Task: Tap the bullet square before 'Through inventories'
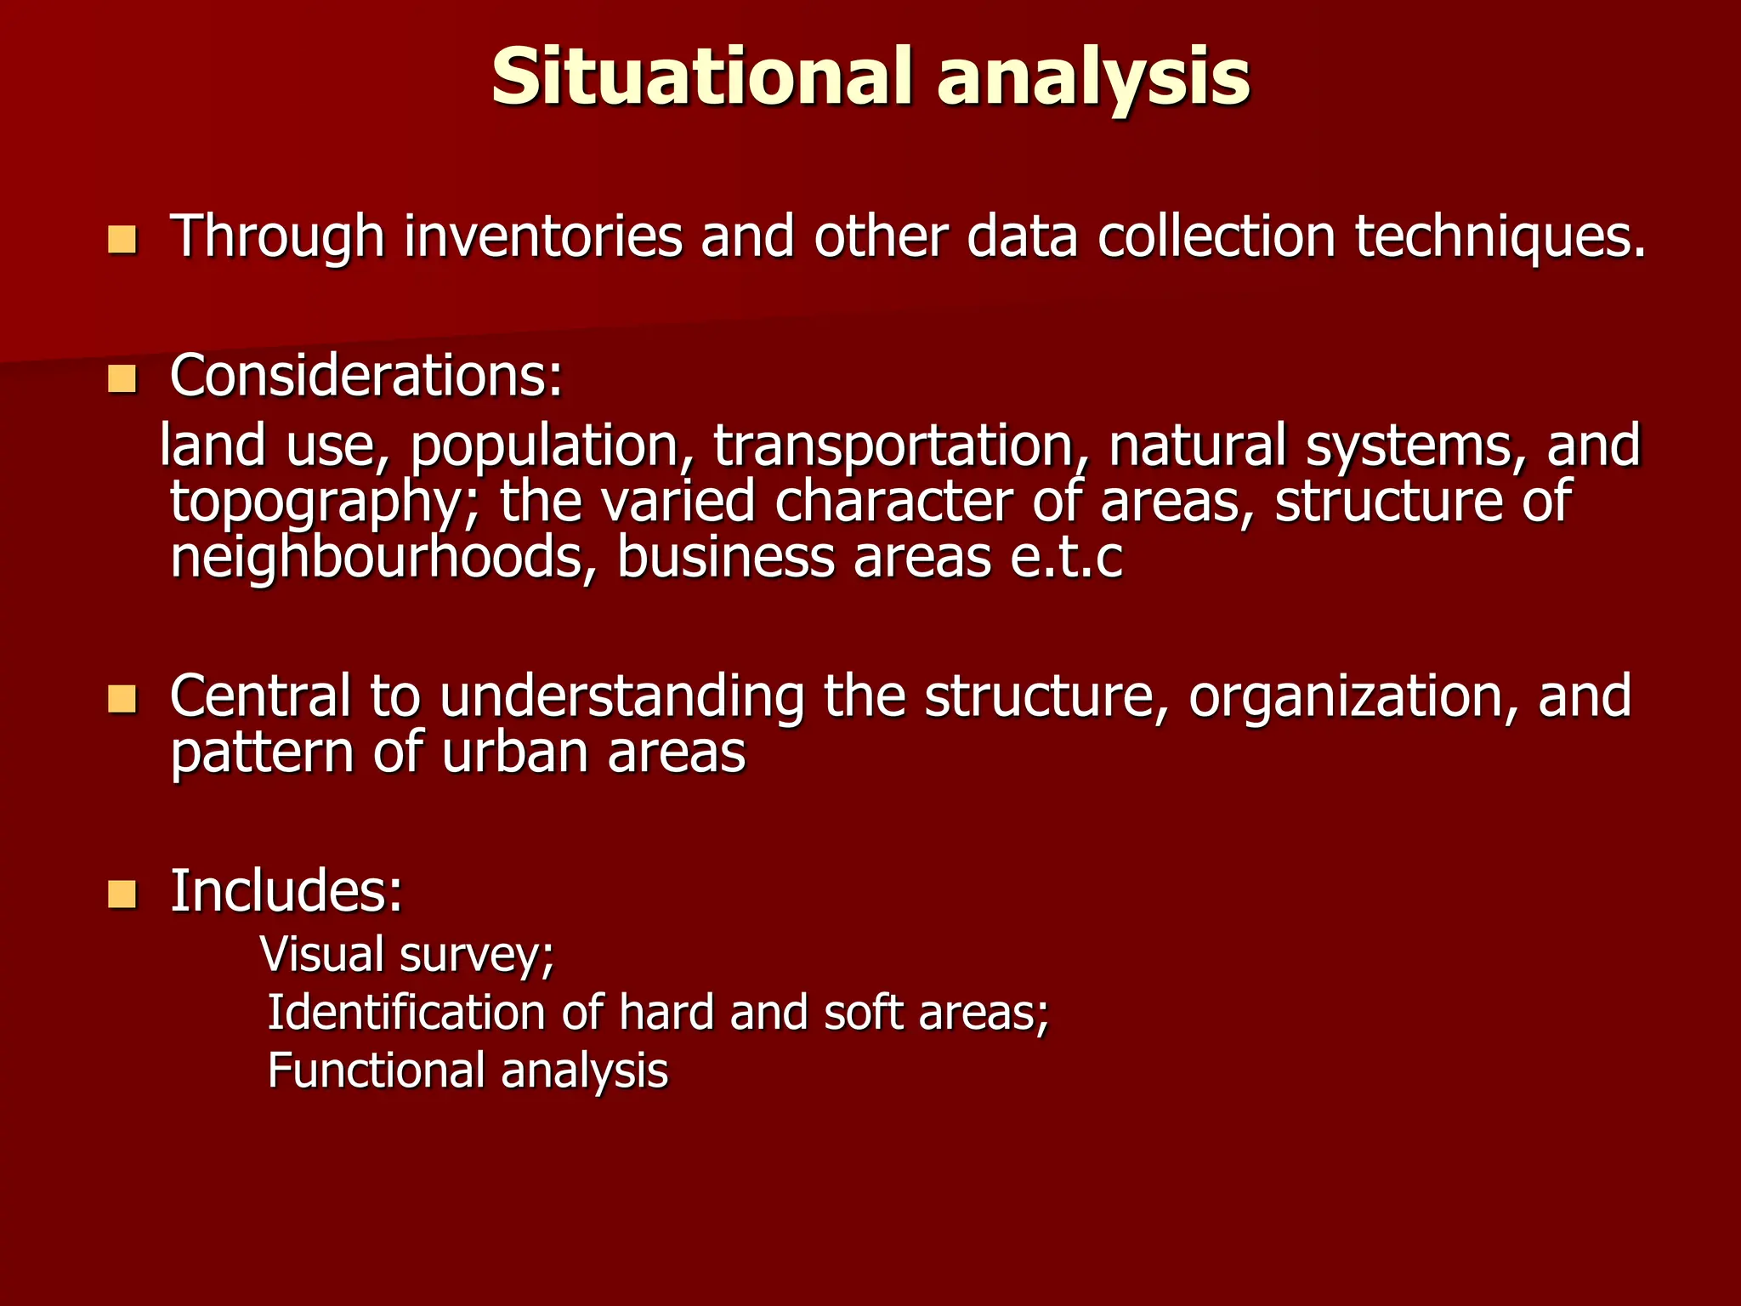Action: [122, 240]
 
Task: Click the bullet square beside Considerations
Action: [122, 379]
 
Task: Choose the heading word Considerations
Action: [366, 376]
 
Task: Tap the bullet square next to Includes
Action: [122, 894]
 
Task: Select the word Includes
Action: [286, 891]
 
